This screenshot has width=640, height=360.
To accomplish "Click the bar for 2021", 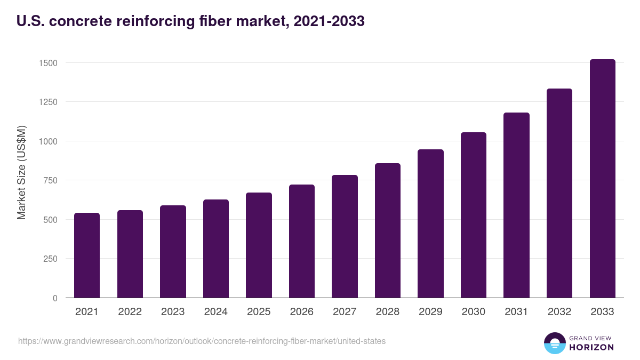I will tap(87, 255).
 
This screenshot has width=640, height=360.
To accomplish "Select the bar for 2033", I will tap(602, 179).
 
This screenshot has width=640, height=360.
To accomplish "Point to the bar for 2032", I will tap(559, 193).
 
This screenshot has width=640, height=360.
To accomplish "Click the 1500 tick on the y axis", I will tap(47, 63).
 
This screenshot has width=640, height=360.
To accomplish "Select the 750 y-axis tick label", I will tap(50, 180).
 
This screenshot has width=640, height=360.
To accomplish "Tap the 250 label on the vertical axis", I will tap(50, 259).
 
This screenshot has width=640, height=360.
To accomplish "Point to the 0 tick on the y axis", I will tap(54, 298).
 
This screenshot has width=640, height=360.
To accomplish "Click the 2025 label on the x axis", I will tap(259, 312).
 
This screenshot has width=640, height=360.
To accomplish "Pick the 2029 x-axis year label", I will tap(430, 312).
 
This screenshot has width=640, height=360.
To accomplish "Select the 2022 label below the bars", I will tap(130, 312).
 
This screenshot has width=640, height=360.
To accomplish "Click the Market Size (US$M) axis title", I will tap(21, 173).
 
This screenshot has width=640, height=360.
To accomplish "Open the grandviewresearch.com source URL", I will tap(202, 341).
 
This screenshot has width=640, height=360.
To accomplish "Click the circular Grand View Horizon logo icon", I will tap(554, 343).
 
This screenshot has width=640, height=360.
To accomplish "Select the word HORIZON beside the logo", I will tap(591, 347).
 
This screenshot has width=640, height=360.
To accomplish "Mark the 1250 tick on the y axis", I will tap(47, 102).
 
